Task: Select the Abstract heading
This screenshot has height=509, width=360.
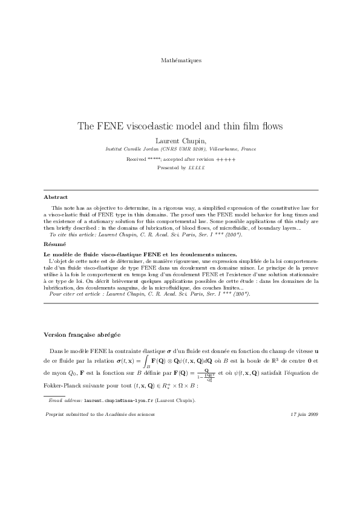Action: [56, 197]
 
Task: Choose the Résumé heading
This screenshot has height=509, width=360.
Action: [55, 244]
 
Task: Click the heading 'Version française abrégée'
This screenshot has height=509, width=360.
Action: [82, 334]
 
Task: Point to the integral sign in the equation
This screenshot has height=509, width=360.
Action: [147, 361]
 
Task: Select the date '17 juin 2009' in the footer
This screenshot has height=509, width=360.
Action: [304, 415]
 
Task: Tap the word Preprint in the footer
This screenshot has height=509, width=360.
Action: [56, 415]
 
